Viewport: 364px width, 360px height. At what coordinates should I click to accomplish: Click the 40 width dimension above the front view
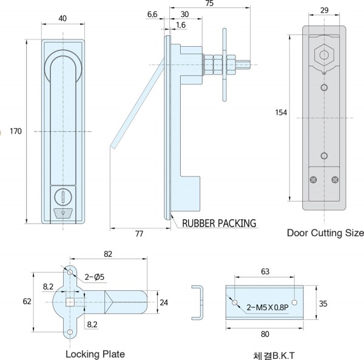click(63, 18)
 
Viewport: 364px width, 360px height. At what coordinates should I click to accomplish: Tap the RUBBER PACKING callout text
click(219, 223)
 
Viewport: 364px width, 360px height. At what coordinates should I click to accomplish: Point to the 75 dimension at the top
click(209, 4)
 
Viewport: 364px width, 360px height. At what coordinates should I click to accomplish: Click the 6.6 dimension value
click(152, 13)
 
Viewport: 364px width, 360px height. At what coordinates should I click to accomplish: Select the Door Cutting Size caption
click(325, 233)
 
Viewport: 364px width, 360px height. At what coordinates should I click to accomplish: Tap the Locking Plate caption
click(95, 354)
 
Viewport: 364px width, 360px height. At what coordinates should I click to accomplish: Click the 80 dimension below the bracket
click(266, 333)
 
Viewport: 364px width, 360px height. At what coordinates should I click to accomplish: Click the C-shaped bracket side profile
click(197, 302)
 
